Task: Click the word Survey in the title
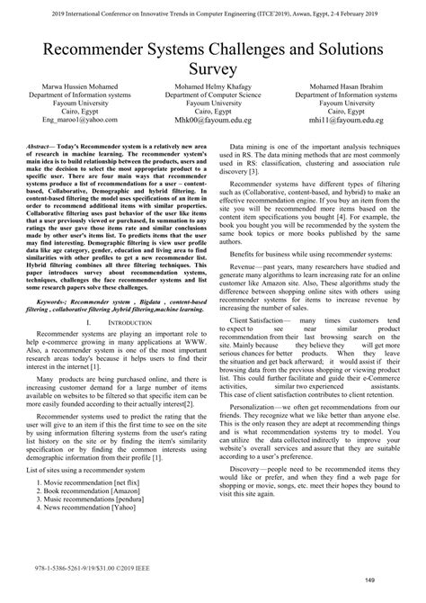click(x=212, y=68)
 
